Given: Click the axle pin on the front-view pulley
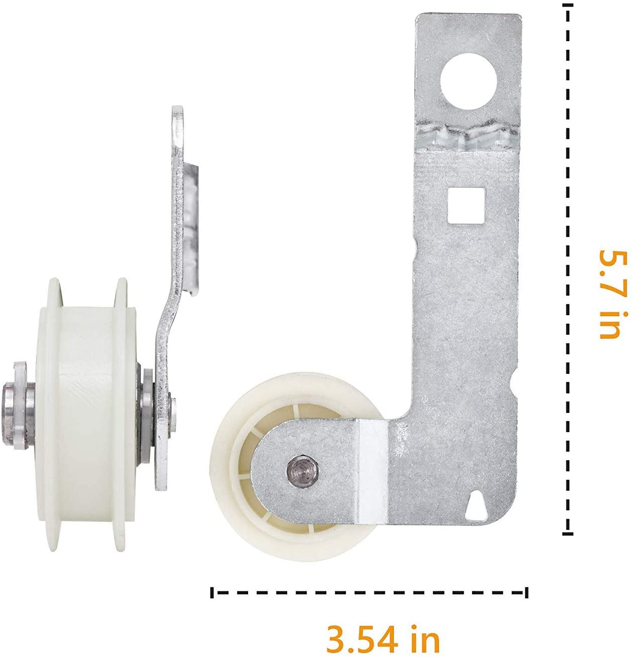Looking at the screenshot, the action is (x=303, y=469).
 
